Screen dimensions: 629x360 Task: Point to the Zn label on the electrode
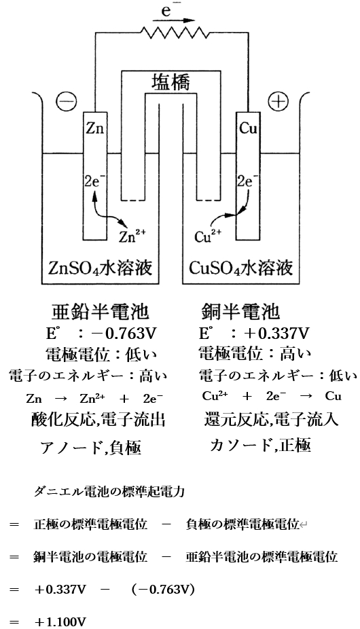[x=95, y=127]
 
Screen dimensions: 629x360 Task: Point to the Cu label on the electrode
[x=249, y=127]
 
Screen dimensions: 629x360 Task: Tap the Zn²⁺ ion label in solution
[x=132, y=236]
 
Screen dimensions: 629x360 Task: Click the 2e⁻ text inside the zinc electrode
[x=95, y=181]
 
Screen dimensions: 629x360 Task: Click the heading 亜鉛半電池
[x=101, y=312]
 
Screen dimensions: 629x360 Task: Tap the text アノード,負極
[x=101, y=447]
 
